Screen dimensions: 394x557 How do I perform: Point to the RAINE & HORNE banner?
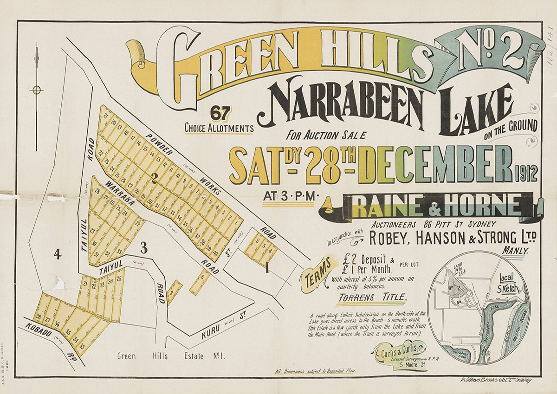point(436,206)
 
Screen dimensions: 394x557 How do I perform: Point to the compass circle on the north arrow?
point(37,90)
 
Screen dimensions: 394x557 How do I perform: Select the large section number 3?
point(144,248)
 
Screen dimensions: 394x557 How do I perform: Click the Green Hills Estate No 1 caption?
point(171,356)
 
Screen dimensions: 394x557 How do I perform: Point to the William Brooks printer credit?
point(495,380)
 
